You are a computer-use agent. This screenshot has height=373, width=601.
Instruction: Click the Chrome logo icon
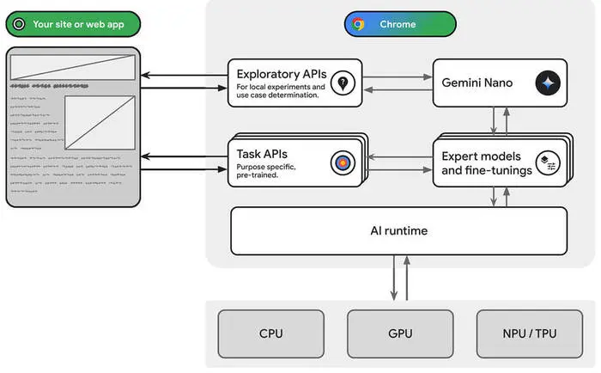click(358, 24)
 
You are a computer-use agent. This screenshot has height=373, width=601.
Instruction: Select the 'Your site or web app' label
click(78, 24)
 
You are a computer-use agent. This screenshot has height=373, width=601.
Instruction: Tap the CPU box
click(270, 333)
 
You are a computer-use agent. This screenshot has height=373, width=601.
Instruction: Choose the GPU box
click(400, 333)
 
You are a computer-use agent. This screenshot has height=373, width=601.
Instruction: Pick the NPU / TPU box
click(529, 333)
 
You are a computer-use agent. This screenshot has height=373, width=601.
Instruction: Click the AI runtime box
click(399, 230)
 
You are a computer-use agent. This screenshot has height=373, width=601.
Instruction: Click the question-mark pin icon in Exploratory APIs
click(343, 83)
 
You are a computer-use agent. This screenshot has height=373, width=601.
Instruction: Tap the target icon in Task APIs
click(343, 161)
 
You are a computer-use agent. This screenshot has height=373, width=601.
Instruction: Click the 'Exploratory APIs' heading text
click(280, 74)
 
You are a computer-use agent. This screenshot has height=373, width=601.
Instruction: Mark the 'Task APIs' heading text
click(263, 154)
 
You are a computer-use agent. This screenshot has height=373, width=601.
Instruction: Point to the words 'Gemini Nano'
click(477, 83)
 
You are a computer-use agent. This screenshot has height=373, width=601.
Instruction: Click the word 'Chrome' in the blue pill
click(398, 24)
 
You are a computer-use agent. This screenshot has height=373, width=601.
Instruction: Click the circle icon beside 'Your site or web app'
click(19, 24)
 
